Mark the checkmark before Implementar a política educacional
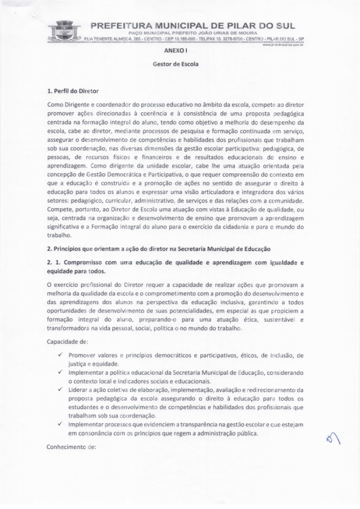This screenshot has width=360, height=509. click(59, 372)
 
